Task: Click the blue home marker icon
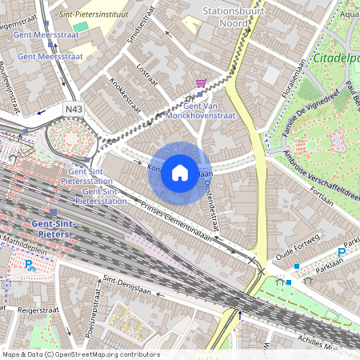180,172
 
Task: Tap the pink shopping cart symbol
201,83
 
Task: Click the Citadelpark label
336,59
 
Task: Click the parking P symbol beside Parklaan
342,253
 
